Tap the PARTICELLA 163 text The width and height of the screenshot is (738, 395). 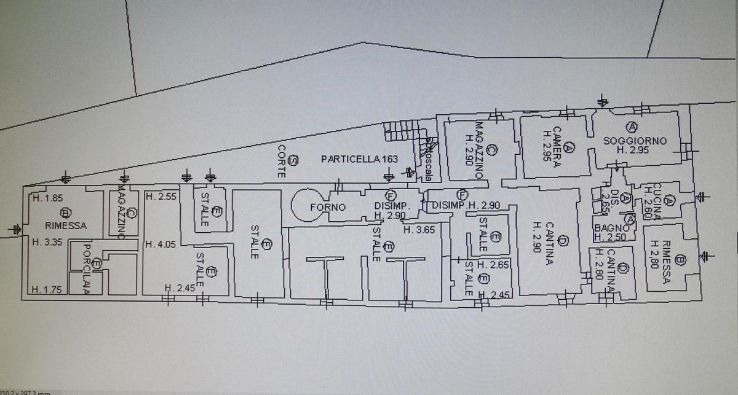coord(359,159)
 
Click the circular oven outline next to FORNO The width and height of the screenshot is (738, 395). coord(304,205)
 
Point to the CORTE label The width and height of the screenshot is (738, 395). coord(281,162)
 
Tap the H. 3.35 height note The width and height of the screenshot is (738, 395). coord(46,241)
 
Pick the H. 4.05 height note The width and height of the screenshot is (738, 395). coord(161,244)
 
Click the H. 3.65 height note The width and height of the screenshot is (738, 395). coord(419,229)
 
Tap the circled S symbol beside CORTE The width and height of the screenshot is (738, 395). coord(293,161)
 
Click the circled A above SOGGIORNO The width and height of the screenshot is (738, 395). coord(630,127)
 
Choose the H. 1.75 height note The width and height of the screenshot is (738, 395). coord(46,290)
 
